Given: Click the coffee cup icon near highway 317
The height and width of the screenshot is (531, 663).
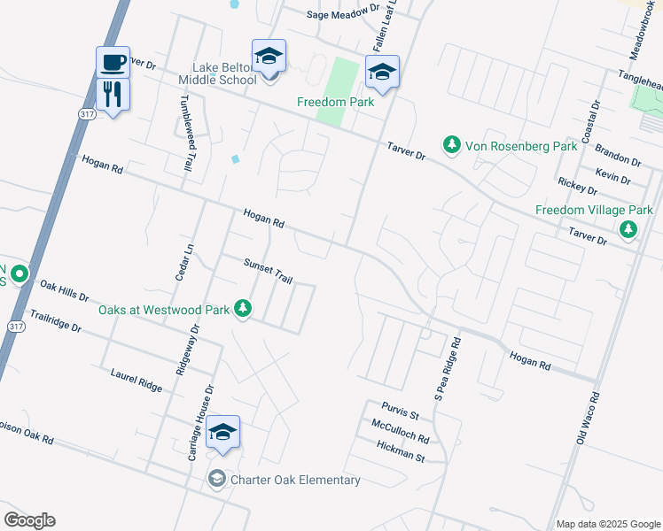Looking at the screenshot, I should point(113,63).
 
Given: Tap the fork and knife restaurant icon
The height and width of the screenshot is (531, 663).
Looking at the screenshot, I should point(113,94).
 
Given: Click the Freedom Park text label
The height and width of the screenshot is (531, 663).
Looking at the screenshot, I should point(336,102).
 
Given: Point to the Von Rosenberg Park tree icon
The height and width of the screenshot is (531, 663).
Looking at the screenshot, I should point(451,143).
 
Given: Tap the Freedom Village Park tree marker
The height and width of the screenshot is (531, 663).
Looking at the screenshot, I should point(628,230).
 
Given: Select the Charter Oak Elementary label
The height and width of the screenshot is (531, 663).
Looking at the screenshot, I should point(295,480).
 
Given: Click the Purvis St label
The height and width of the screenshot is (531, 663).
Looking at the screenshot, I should point(401,410).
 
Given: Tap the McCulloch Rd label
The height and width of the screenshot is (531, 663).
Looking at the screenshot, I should point(401,432).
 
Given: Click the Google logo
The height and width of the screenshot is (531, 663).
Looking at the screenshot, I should point(29,520).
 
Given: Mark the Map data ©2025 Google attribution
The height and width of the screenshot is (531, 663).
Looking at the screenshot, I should point(607,524).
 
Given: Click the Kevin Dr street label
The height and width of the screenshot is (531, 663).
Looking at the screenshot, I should point(613,176).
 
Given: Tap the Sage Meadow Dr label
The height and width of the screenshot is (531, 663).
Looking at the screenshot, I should point(340,15).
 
